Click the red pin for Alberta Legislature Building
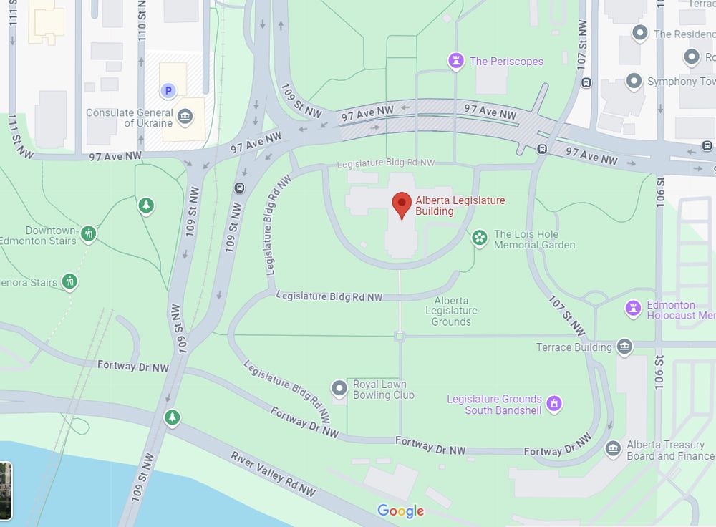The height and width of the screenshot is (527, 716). pyautogui.click(x=402, y=205)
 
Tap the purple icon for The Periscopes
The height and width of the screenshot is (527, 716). pyautogui.click(x=455, y=62)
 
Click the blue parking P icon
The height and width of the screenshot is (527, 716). pyautogui.click(x=168, y=90)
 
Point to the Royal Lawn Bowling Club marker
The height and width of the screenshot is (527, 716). pyautogui.click(x=339, y=388)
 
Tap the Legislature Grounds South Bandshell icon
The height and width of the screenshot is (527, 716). pyautogui.click(x=553, y=404)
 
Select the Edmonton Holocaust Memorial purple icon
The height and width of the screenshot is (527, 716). pyautogui.click(x=633, y=309)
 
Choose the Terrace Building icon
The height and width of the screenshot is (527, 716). pyautogui.click(x=624, y=347)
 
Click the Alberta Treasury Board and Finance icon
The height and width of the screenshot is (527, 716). pyautogui.click(x=613, y=449)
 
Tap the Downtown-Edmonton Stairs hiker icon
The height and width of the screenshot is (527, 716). pyautogui.click(x=88, y=233)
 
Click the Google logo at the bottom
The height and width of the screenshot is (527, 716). pyautogui.click(x=400, y=511)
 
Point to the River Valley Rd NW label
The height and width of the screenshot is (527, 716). pyautogui.click(x=273, y=473)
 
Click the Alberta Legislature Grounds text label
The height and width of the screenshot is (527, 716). pyautogui.click(x=451, y=311)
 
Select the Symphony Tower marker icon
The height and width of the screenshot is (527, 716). pyautogui.click(x=634, y=82)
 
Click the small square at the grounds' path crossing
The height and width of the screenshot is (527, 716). pyautogui.click(x=400, y=336)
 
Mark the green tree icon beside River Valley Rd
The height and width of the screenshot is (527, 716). pyautogui.click(x=172, y=417)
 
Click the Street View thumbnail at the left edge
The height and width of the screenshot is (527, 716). pyautogui.click(x=6, y=490)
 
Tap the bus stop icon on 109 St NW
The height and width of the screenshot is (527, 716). pyautogui.click(x=239, y=189)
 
